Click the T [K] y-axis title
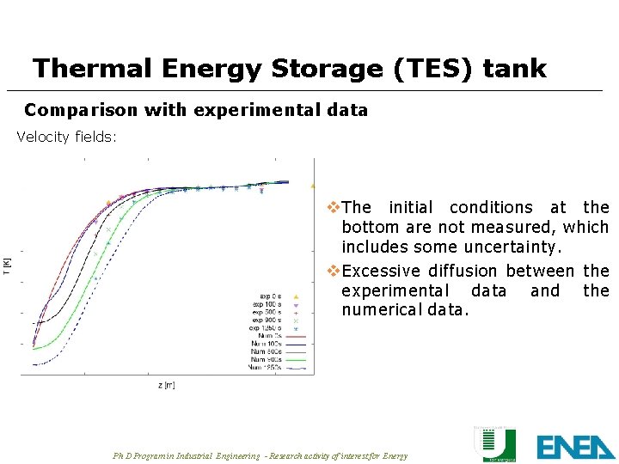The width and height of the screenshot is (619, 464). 7,266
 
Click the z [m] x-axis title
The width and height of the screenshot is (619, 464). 167,385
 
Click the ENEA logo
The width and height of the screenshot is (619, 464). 574,446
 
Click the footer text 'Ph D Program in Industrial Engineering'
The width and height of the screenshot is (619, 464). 185,455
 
